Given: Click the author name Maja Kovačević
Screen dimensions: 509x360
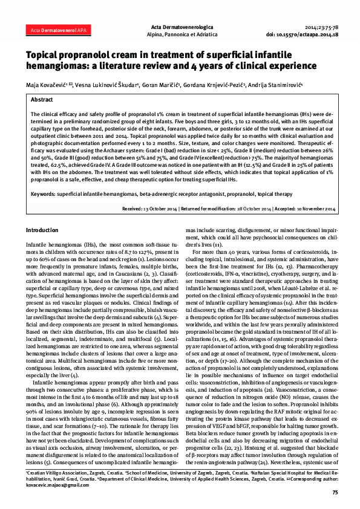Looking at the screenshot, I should click(x=49, y=85).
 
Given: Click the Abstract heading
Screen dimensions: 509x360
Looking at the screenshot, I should click(x=41, y=100).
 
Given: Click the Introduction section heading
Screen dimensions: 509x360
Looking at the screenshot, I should click(x=42, y=231).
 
